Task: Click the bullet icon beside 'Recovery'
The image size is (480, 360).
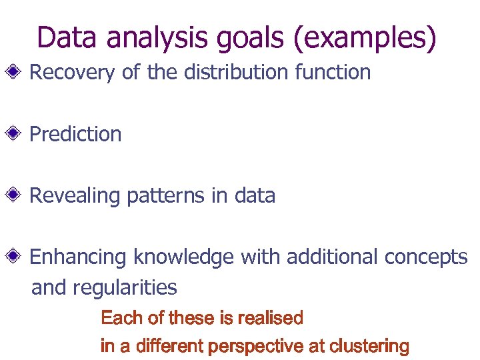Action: tap(19, 73)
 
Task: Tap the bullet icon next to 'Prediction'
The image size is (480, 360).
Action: tap(19, 134)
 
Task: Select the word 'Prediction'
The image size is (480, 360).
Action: tap(76, 134)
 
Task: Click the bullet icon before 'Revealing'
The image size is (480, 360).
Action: tap(19, 195)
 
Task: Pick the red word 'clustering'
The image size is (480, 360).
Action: tap(369, 347)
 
